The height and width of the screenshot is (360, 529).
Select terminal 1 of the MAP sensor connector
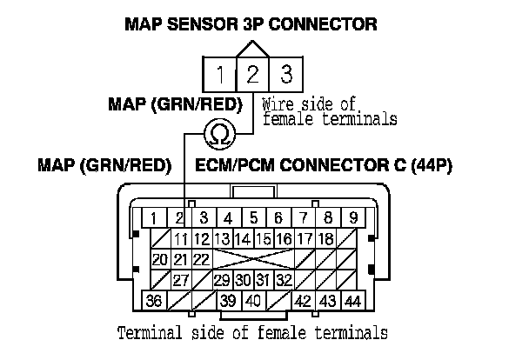coord(223,72)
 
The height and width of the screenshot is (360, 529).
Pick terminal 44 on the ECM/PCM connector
coord(353,301)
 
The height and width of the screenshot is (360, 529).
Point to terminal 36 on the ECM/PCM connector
coord(155,301)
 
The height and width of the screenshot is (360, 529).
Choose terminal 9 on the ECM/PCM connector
coord(353,217)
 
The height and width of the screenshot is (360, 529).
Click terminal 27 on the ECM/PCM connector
coord(181,280)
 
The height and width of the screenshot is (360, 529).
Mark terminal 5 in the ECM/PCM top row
coord(253,217)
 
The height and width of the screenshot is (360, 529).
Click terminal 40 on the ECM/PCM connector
coord(252,301)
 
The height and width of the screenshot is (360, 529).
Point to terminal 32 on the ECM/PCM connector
coord(283,280)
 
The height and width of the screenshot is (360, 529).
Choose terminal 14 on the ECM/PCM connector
coord(242,238)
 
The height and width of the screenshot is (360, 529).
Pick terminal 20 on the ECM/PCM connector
coord(160,259)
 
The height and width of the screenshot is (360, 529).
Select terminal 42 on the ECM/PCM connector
coord(304,301)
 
